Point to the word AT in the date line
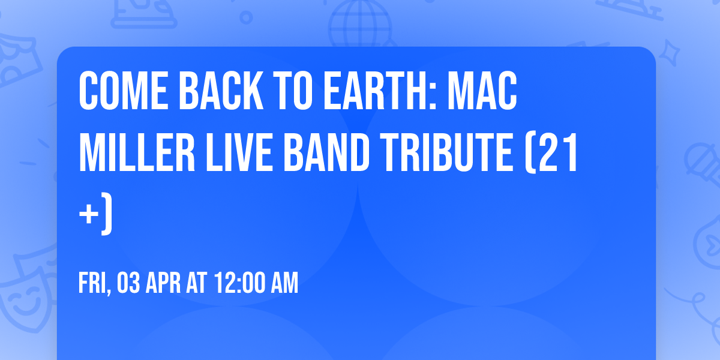click(x=196, y=284)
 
